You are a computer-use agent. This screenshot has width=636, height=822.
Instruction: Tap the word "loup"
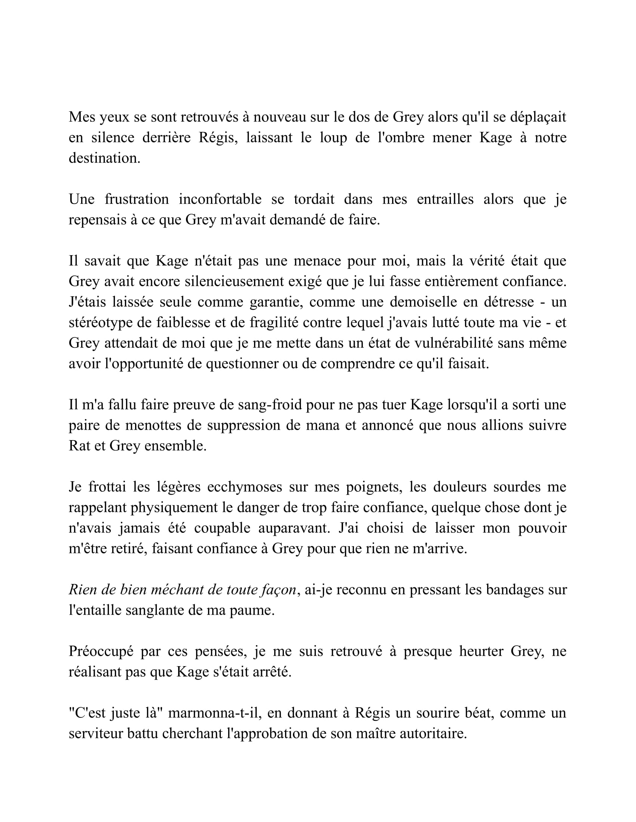tap(333, 138)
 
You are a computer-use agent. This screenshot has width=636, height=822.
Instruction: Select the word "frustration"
tap(137, 199)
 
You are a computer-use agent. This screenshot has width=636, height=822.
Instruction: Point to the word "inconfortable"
tap(220, 199)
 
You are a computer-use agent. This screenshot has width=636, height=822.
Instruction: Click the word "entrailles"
tap(445, 199)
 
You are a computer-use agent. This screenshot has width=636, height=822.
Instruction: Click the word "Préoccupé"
tap(101, 652)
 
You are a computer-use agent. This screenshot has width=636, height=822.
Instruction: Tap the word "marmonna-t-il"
tap(220, 713)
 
